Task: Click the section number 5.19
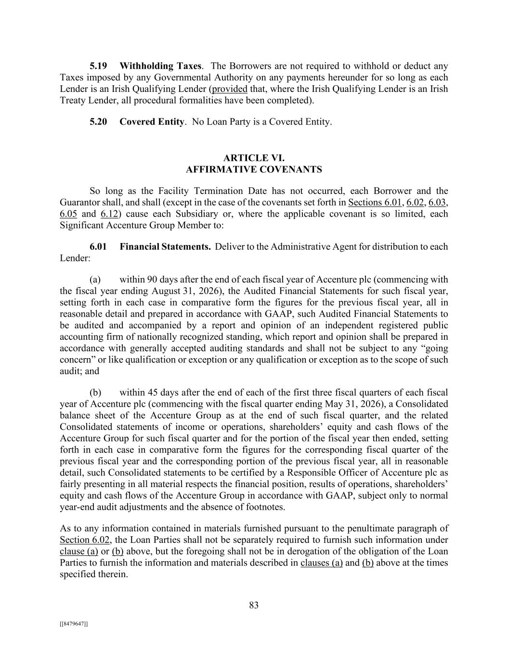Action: click(x=98, y=66)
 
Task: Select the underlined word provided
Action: click(x=230, y=89)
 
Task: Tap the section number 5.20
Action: click(x=98, y=122)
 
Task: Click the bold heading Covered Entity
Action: click(x=152, y=122)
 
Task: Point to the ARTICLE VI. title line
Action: click(x=254, y=158)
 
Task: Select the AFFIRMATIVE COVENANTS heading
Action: click(x=254, y=169)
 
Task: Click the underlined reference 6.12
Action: click(x=109, y=214)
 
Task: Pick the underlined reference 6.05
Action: click(x=68, y=214)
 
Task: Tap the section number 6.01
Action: click(x=98, y=247)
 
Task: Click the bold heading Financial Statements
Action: click(x=165, y=247)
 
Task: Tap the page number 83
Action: click(x=254, y=605)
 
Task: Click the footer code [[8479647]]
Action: click(x=74, y=624)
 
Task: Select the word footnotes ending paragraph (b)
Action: click(x=264, y=507)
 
